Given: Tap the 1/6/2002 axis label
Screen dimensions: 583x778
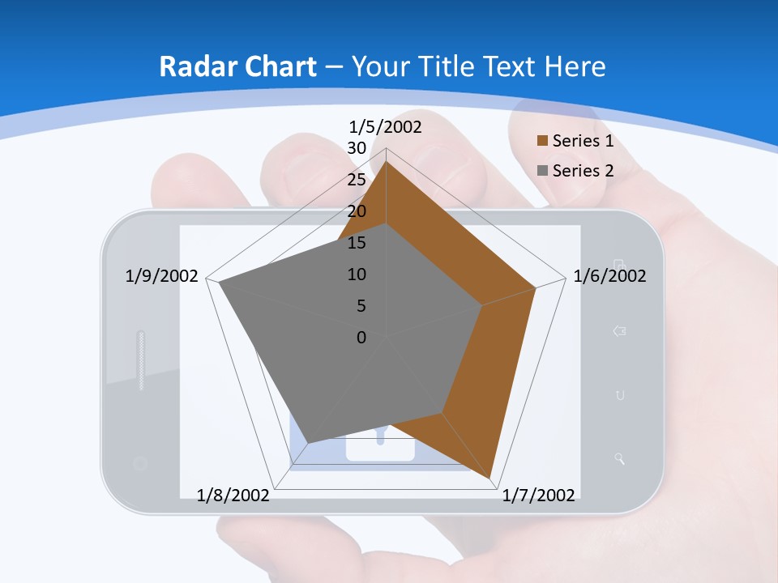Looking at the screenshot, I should pyautogui.click(x=609, y=276).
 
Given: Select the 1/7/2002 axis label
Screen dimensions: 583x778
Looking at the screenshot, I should pyautogui.click(x=539, y=496).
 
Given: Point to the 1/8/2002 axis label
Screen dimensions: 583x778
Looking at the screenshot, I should pyautogui.click(x=233, y=496).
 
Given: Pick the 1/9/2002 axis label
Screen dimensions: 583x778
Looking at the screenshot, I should pyautogui.click(x=162, y=276).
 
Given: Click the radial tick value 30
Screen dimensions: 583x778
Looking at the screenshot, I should pyautogui.click(x=357, y=148).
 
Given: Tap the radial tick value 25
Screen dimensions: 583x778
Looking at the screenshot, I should pyautogui.click(x=357, y=180).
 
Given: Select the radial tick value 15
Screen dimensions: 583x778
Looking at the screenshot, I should pyautogui.click(x=357, y=243).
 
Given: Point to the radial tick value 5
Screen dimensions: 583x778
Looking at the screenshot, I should pyautogui.click(x=361, y=306).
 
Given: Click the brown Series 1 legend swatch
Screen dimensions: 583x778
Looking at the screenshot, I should pyautogui.click(x=543, y=141).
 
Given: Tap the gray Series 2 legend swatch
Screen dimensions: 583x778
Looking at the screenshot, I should pyautogui.click(x=543, y=171).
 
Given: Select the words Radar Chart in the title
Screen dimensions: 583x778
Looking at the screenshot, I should pyautogui.click(x=237, y=66).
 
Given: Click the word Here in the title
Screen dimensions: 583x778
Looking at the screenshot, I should pyautogui.click(x=575, y=66).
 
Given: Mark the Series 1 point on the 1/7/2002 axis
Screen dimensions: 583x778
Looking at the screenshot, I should pyautogui.click(x=491, y=479).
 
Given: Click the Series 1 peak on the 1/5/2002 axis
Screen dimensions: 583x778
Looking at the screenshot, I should pyautogui.click(x=386, y=161).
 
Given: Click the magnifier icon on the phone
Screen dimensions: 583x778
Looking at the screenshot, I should pyautogui.click(x=620, y=460).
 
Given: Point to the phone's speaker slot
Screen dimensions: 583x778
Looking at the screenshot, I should pyautogui.click(x=141, y=360).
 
